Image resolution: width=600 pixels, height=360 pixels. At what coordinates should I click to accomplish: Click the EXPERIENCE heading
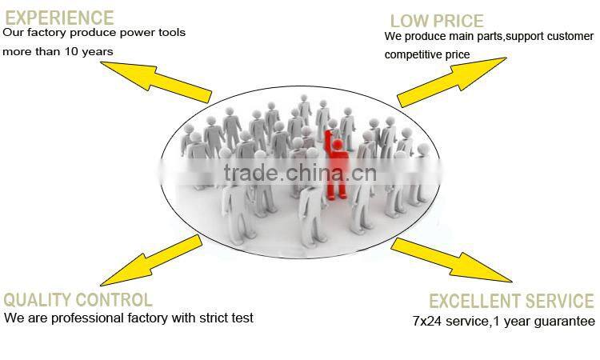pos(59,18)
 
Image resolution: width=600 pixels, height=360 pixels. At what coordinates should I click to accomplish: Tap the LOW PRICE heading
pos(437,21)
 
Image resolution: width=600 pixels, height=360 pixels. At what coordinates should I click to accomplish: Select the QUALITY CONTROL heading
pos(78,300)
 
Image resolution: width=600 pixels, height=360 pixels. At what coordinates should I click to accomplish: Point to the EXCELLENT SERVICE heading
pos(511,301)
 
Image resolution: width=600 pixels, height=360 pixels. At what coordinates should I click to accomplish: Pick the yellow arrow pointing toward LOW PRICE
pos(452,82)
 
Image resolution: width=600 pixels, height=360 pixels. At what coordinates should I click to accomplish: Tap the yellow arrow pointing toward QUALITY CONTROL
pos(151,261)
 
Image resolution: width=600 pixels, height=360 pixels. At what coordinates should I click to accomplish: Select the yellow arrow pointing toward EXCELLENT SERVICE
pos(451,260)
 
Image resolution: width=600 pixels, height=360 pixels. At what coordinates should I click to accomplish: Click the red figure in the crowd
pos(335,165)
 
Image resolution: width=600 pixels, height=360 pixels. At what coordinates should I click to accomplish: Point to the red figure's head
pos(338,144)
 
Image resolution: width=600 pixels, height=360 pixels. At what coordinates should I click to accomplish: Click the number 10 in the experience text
pos(71,51)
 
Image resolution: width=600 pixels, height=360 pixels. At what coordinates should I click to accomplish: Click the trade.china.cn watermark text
pos(300,173)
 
